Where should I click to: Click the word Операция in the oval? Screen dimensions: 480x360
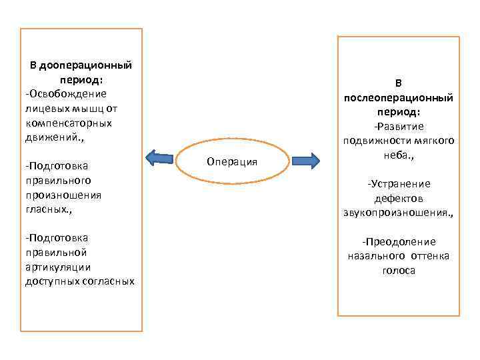232,162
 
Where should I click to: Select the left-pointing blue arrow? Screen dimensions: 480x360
159,158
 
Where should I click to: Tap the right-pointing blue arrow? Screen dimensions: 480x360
305,161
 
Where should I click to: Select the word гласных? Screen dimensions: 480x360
47,209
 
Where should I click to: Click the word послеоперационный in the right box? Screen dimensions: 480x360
399,98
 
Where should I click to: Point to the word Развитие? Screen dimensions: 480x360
399,127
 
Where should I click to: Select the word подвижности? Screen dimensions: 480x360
375,141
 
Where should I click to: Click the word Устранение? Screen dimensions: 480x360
399,184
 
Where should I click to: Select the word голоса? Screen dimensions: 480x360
399,271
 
